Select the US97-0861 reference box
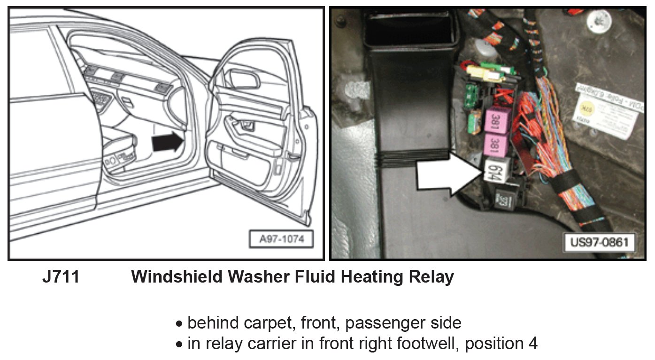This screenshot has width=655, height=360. tap(599, 243)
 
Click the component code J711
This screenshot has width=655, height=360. tap(61, 277)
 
